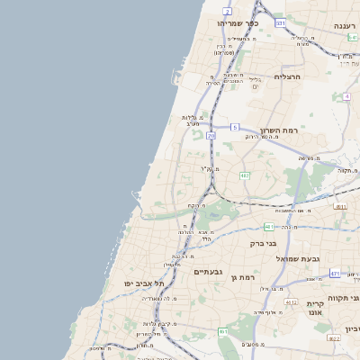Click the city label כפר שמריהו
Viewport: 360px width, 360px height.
pos(238,24)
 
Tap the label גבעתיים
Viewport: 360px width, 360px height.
pos(209,271)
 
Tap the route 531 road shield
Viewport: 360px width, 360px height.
pos(280,22)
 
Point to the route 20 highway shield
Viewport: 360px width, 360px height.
pos(211,136)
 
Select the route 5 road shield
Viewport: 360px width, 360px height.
pos(234,128)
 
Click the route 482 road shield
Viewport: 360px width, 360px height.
pos(245,175)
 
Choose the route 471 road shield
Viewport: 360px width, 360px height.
pos(335,274)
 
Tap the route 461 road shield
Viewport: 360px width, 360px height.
pos(222,331)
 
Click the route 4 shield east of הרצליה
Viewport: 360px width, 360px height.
pos(346,95)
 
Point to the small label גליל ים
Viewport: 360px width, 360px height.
pos(255,82)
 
